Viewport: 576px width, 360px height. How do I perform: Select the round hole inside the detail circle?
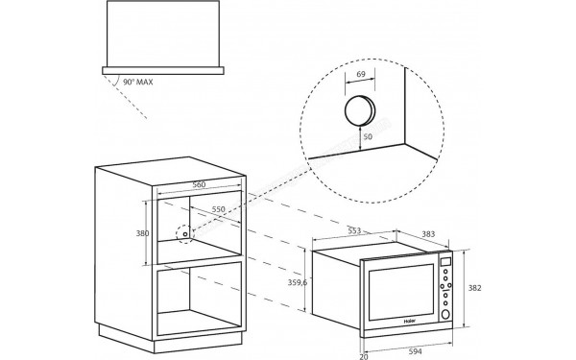(359, 109)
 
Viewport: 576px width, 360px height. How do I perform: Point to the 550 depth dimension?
(219, 209)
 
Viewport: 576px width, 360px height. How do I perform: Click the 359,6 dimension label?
(298, 285)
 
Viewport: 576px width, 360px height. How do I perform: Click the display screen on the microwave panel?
(444, 263)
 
